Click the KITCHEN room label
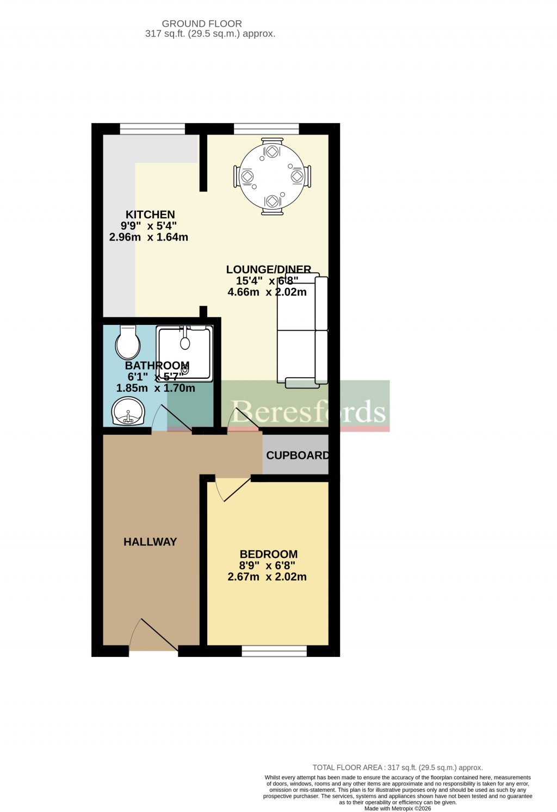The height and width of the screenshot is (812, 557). click(150, 214)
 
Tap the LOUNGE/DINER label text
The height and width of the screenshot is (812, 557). click(268, 269)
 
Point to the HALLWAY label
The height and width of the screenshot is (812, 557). click(150, 542)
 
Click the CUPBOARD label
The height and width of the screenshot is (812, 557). click(297, 455)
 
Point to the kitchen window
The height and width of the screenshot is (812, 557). click(152, 129)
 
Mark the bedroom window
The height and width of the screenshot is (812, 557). click(274, 650)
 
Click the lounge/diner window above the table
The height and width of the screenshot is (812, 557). click(267, 129)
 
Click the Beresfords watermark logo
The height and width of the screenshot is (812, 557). click(308, 411)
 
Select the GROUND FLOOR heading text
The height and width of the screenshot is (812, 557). click(202, 23)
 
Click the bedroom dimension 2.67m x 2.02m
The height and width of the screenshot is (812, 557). click(267, 577)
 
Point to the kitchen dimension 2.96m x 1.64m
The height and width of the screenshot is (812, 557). click(148, 237)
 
